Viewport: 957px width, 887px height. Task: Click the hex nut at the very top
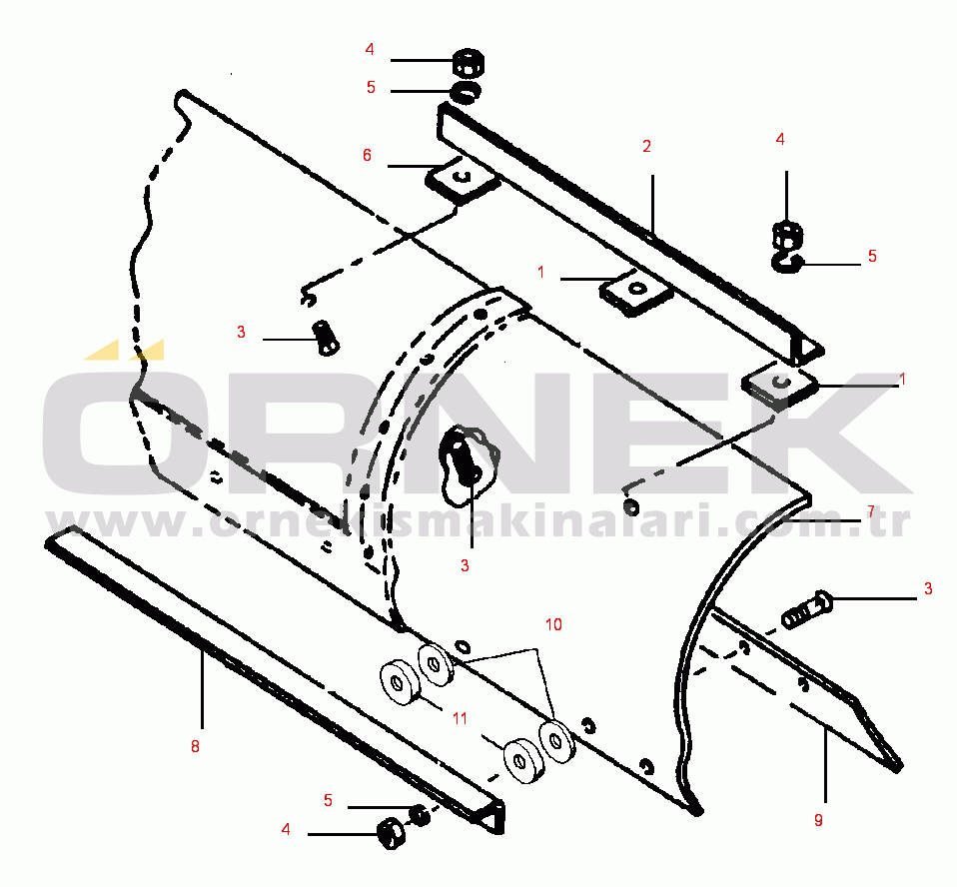[466, 63]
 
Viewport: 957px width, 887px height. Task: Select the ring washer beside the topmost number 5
[465, 93]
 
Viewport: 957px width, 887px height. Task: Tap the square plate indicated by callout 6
[462, 181]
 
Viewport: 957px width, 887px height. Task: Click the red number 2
[646, 146]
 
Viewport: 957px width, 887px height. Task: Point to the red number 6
[367, 155]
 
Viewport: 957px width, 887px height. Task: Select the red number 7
[870, 511]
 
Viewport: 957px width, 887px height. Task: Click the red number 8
[195, 745]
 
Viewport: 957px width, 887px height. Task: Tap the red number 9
[818, 820]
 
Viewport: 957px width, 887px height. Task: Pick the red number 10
[553, 624]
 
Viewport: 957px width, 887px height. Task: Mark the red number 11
[460, 717]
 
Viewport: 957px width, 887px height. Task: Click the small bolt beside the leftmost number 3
[325, 337]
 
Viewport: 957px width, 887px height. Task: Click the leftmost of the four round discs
[399, 684]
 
